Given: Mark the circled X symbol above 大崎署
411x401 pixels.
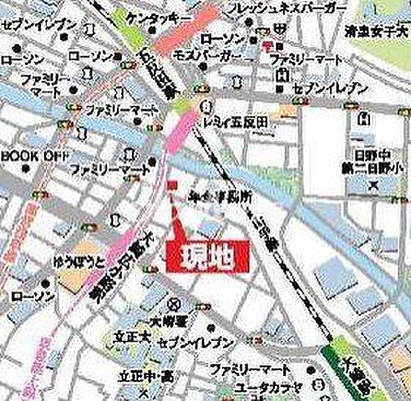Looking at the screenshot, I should tap(173, 303).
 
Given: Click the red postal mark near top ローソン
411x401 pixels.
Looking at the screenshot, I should tap(267, 44).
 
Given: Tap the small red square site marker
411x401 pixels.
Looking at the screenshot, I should tap(171, 185).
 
